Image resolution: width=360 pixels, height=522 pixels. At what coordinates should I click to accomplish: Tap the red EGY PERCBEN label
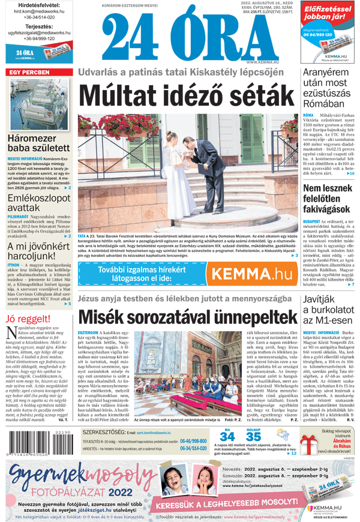tap(29, 72)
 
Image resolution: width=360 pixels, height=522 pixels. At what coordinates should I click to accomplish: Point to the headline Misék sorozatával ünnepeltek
tap(187, 315)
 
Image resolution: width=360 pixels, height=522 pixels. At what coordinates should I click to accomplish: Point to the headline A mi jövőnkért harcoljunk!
tap(37, 251)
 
